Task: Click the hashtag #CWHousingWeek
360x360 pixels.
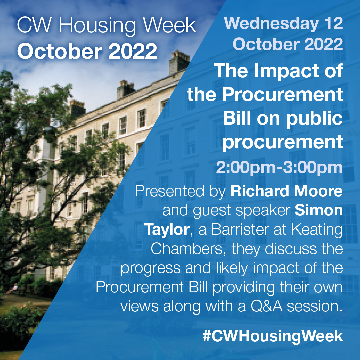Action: pos(273,335)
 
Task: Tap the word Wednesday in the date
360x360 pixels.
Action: pos(270,24)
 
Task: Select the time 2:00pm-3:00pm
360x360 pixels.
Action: pos(279,168)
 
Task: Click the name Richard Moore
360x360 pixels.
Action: pos(286,192)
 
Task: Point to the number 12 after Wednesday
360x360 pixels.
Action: pos(333,24)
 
